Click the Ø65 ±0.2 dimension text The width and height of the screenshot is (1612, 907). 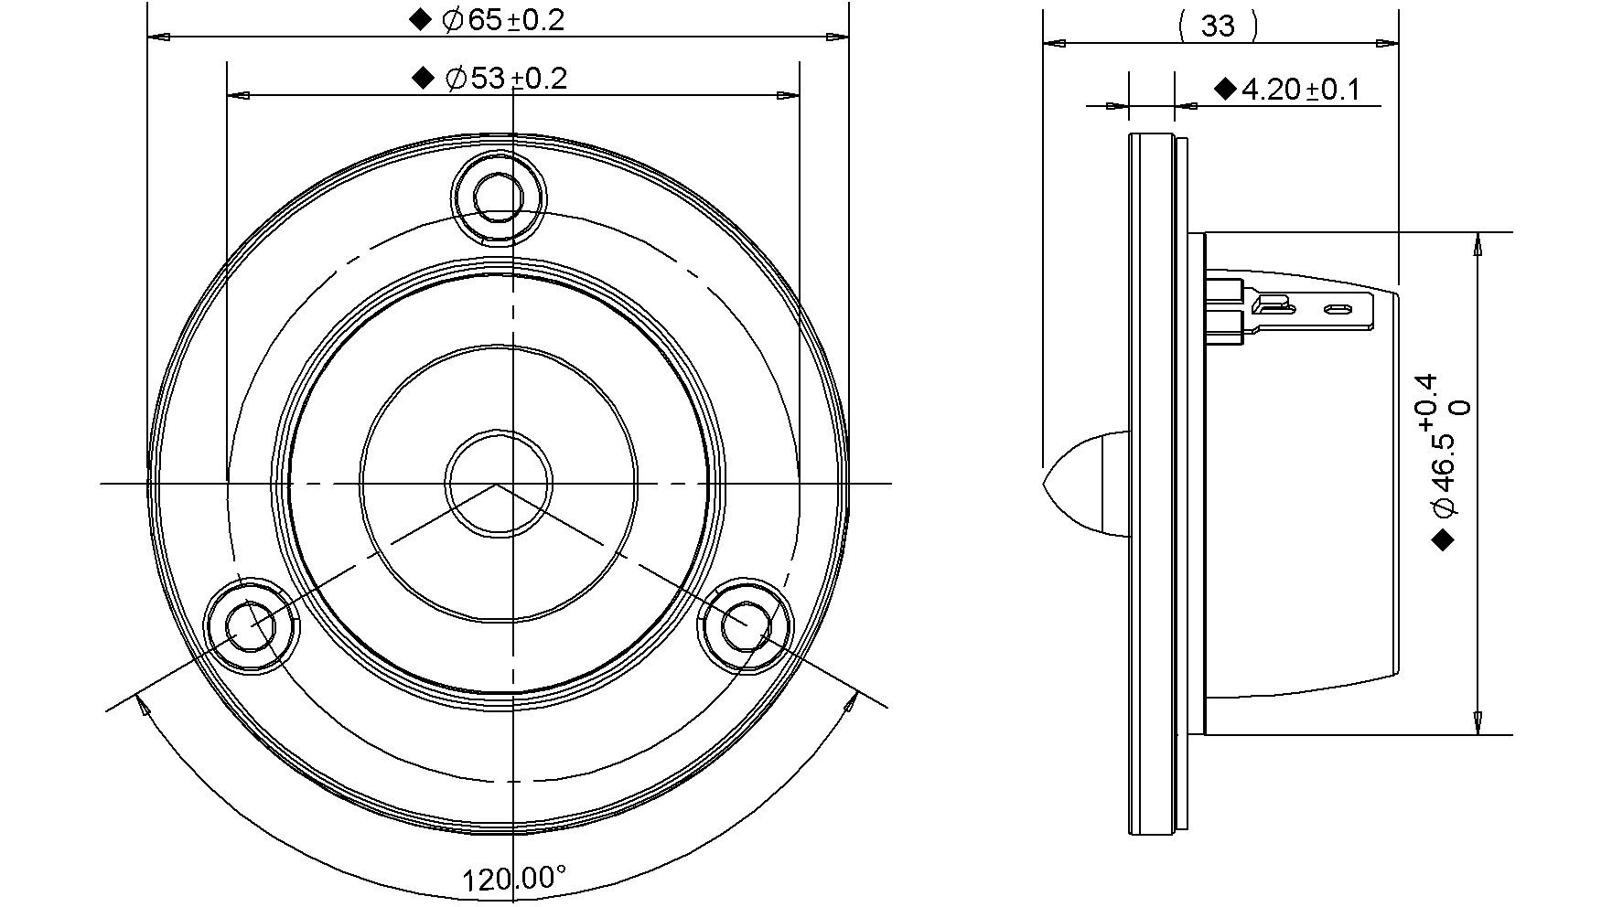(x=502, y=20)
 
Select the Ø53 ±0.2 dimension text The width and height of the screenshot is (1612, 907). (x=506, y=79)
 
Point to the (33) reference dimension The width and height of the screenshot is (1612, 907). (x=1218, y=26)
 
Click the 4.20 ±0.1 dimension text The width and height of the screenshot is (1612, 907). (x=1300, y=90)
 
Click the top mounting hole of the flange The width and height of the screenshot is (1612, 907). (x=498, y=196)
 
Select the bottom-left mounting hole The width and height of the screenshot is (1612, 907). (x=250, y=626)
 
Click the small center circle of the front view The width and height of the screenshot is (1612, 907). (x=499, y=484)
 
